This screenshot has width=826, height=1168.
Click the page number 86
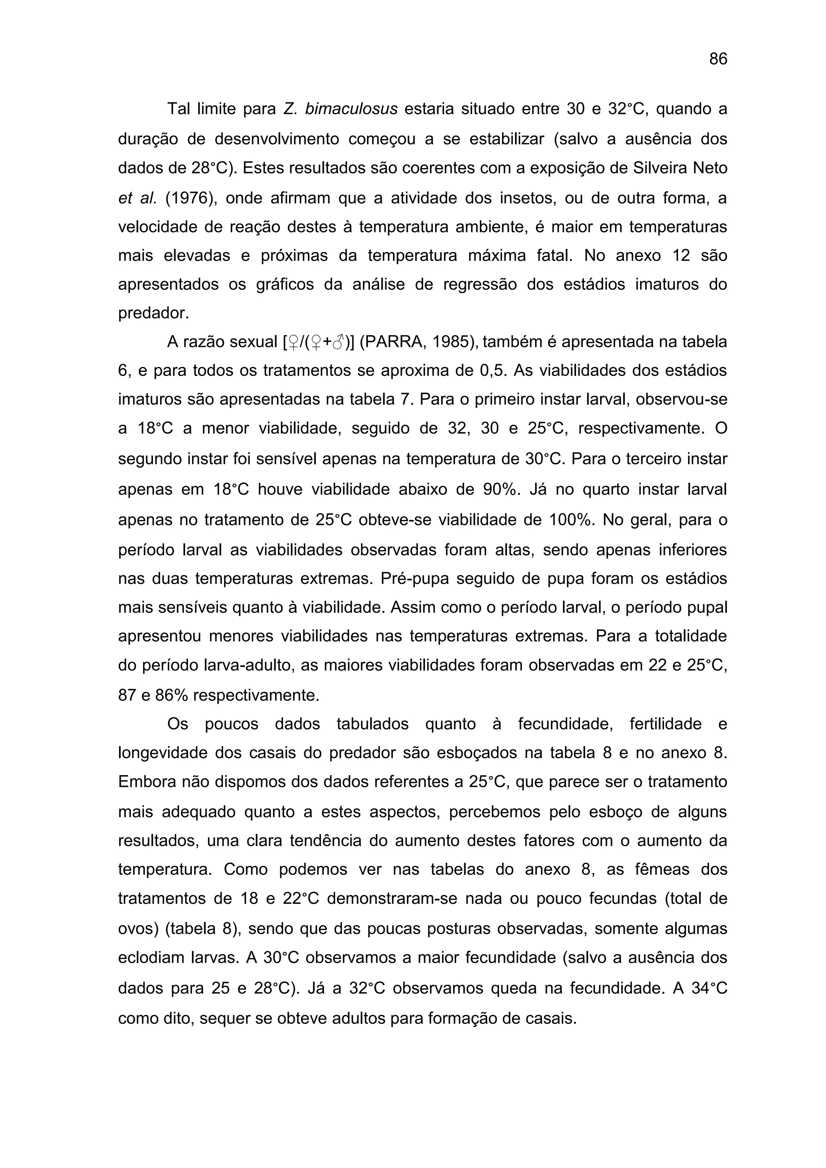[x=718, y=60]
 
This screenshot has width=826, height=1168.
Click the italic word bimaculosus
[x=351, y=109]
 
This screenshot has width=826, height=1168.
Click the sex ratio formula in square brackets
[x=318, y=342]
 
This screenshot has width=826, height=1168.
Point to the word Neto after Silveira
[x=710, y=168]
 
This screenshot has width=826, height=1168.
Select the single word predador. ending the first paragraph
[x=153, y=313]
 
